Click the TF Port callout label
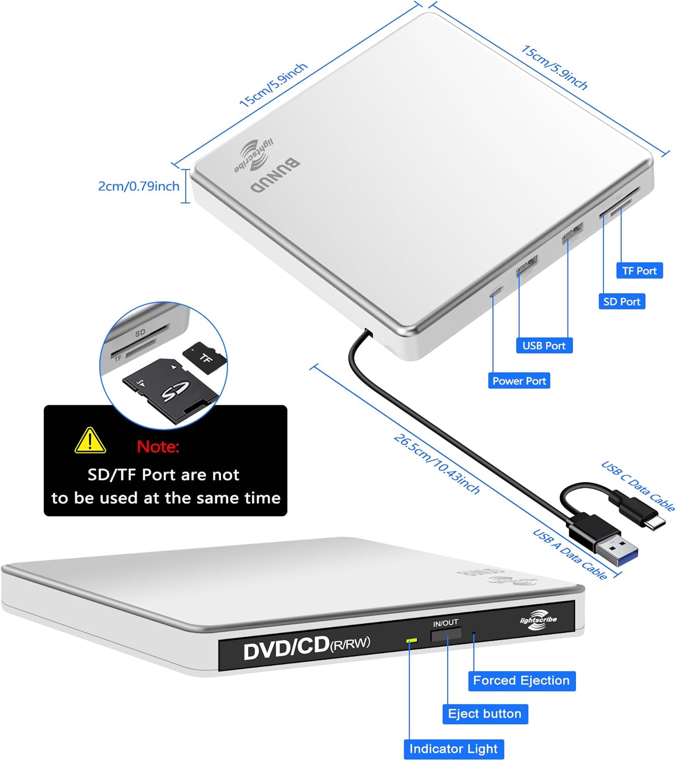[639, 271]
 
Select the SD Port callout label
[622, 302]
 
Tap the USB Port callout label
[544, 345]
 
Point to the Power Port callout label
[519, 381]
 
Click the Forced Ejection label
[521, 680]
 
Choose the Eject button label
[485, 714]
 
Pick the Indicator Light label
[453, 749]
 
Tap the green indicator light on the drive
[412, 641]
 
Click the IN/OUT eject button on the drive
[446, 634]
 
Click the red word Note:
[158, 446]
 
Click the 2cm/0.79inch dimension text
[139, 186]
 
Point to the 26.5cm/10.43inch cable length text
[436, 464]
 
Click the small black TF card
[205, 358]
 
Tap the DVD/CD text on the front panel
[286, 648]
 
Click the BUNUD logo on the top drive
[275, 176]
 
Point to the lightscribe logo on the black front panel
[538, 620]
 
